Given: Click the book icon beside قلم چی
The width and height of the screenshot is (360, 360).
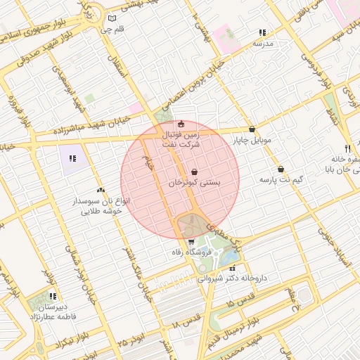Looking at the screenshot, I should coord(112,18).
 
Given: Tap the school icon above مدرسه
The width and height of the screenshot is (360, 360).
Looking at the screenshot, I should coord(262,32).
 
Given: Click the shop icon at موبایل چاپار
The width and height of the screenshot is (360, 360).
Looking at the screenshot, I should coord(252,129).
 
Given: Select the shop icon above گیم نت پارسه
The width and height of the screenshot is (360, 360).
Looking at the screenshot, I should coord(281,169).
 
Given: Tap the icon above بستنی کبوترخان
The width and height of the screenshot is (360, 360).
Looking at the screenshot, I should coord(194,171).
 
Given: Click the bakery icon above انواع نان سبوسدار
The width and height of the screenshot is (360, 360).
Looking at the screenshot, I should coord(101,190).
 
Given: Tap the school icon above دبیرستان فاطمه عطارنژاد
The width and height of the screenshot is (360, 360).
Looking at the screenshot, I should coord(53,296).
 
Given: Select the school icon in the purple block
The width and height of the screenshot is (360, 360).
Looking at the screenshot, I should coord(72,157).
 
